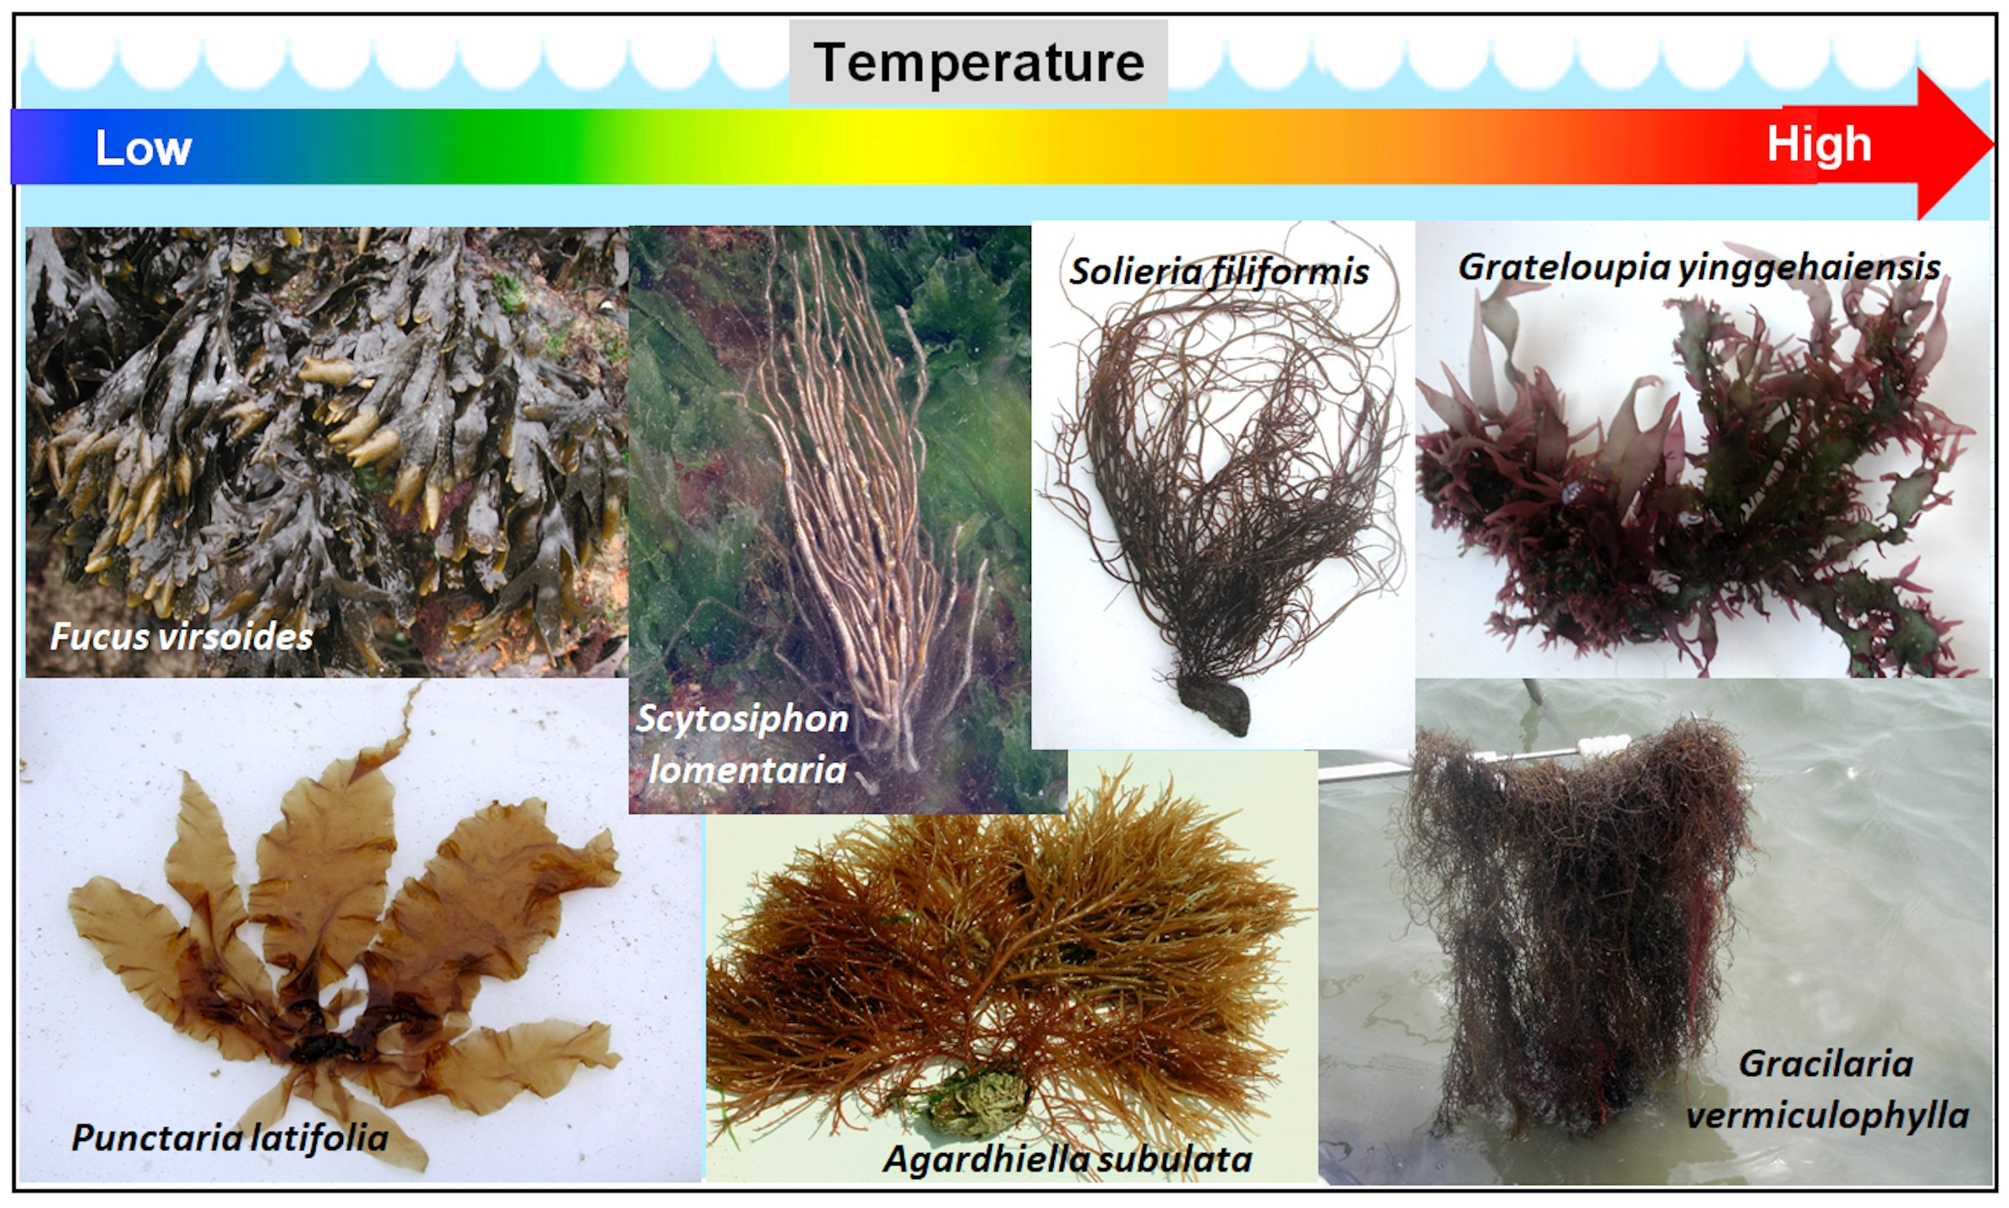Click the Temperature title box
click(978, 62)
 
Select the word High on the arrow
click(1819, 145)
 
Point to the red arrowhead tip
click(1993, 145)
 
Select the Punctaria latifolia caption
click(230, 1137)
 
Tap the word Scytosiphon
click(742, 720)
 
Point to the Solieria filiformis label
click(1219, 272)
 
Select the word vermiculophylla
click(1827, 1115)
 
